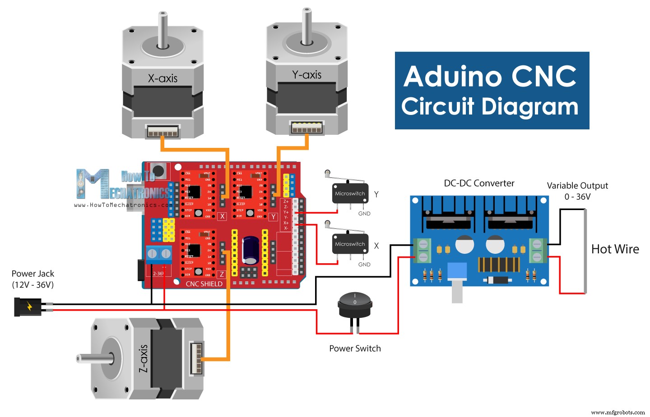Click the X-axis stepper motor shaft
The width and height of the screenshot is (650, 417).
(162, 29)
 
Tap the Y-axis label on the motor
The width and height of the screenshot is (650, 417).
(306, 75)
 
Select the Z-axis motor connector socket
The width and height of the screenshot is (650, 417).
(196, 358)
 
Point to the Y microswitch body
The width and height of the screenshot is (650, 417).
(350, 193)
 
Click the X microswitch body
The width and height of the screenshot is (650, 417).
(350, 244)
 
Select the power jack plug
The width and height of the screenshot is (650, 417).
(27, 307)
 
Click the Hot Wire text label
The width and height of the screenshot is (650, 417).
(615, 249)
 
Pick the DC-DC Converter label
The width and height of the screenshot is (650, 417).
(479, 183)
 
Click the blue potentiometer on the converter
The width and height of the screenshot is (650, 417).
(457, 272)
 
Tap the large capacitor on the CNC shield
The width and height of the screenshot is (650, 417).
(251, 250)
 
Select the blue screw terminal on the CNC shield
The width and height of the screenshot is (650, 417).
(159, 254)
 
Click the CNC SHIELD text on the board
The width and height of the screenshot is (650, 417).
(204, 284)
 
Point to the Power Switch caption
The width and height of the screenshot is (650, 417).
(355, 348)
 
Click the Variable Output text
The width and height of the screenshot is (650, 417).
(577, 186)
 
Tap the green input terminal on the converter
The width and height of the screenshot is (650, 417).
(422, 250)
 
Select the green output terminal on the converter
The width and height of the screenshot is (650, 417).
(538, 250)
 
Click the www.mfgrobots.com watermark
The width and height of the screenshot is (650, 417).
(617, 412)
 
